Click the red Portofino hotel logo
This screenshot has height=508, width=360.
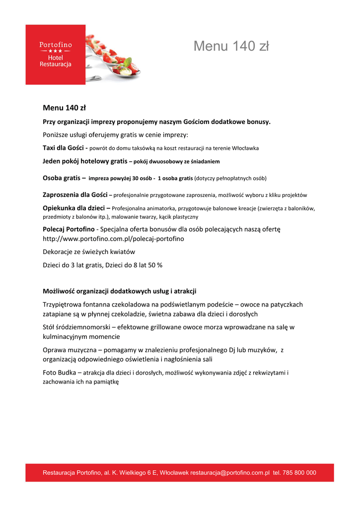(x=55, y=55)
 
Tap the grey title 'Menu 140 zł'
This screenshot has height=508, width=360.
(x=231, y=46)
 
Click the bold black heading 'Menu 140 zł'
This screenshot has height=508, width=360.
(x=65, y=108)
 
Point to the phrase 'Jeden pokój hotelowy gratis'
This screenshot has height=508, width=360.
(x=85, y=161)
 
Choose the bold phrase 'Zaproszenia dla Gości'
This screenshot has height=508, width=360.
(x=74, y=194)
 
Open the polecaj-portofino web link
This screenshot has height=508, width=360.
(x=113, y=239)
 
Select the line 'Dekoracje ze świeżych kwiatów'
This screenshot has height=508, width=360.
(x=89, y=252)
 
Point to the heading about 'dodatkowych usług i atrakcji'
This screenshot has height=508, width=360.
(x=123, y=291)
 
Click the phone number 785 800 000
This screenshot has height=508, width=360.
(x=298, y=473)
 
